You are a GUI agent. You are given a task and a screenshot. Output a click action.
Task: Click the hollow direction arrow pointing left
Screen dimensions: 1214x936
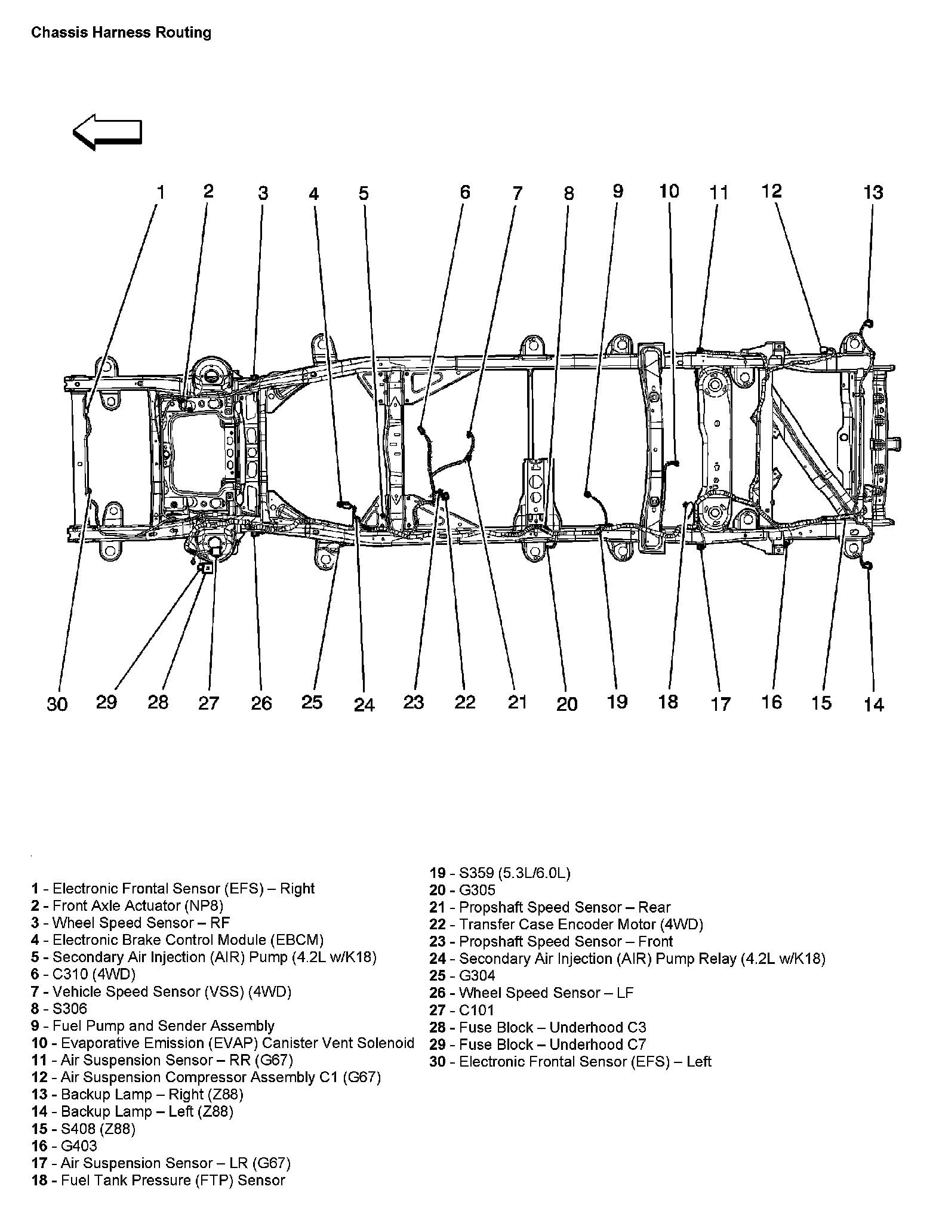coord(107,132)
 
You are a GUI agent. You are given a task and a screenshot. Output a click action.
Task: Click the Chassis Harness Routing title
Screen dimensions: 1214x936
coord(121,32)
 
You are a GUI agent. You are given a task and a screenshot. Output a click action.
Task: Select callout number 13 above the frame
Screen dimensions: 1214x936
coord(873,192)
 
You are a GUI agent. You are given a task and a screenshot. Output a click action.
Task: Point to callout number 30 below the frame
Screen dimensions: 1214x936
coord(57,704)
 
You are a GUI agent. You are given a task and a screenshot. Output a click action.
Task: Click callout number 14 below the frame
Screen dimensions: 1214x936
coord(873,705)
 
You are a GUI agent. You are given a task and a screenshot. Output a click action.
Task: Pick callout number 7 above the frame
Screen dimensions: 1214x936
coord(517,193)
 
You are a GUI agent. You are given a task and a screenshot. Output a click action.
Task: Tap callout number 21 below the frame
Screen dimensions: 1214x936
coord(517,702)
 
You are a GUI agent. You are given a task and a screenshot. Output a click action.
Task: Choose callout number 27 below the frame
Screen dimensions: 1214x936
coord(208,704)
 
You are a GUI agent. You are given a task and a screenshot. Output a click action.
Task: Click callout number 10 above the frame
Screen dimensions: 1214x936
coord(669,191)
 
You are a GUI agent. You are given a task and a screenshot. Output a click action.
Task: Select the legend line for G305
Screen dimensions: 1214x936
coord(463,891)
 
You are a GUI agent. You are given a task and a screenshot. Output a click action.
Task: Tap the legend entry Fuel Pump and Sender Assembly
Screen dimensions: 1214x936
coord(153,1026)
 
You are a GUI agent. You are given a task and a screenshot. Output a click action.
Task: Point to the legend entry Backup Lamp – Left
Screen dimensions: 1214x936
coord(132,1111)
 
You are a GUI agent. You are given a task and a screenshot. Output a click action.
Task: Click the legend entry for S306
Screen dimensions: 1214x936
coord(59,1009)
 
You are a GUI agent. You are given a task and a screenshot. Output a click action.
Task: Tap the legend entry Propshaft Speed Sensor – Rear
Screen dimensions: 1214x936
coord(550,908)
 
